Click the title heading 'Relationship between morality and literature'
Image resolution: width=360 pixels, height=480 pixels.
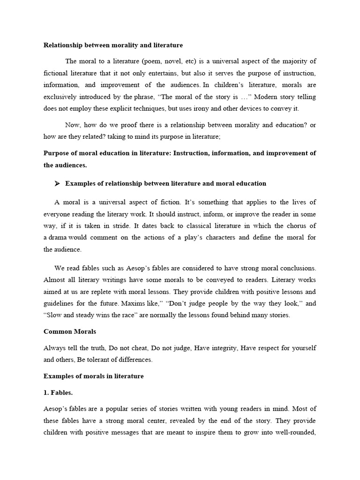[x=113, y=45]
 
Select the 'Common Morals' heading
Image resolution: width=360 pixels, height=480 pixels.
[x=70, y=331]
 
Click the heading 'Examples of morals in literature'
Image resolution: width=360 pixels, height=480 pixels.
[x=93, y=376]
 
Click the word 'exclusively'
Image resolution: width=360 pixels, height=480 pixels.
[x=61, y=97]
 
